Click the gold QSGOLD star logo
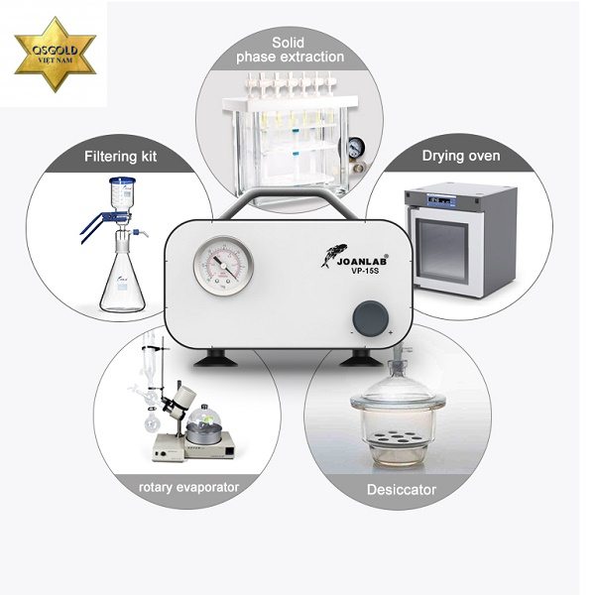(x=56, y=55)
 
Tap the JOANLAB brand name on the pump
(x=362, y=262)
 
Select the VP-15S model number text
(x=365, y=271)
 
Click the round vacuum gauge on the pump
(x=223, y=265)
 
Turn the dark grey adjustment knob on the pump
(x=370, y=318)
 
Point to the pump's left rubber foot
(x=215, y=359)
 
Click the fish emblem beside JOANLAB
(x=334, y=255)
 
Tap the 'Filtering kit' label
(x=120, y=157)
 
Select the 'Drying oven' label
(x=461, y=156)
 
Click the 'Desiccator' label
(x=402, y=490)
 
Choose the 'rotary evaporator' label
(x=188, y=487)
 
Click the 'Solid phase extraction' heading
(x=290, y=50)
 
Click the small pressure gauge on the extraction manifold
(x=356, y=148)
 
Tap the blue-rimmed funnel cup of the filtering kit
(x=122, y=192)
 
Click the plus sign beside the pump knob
(x=391, y=333)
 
